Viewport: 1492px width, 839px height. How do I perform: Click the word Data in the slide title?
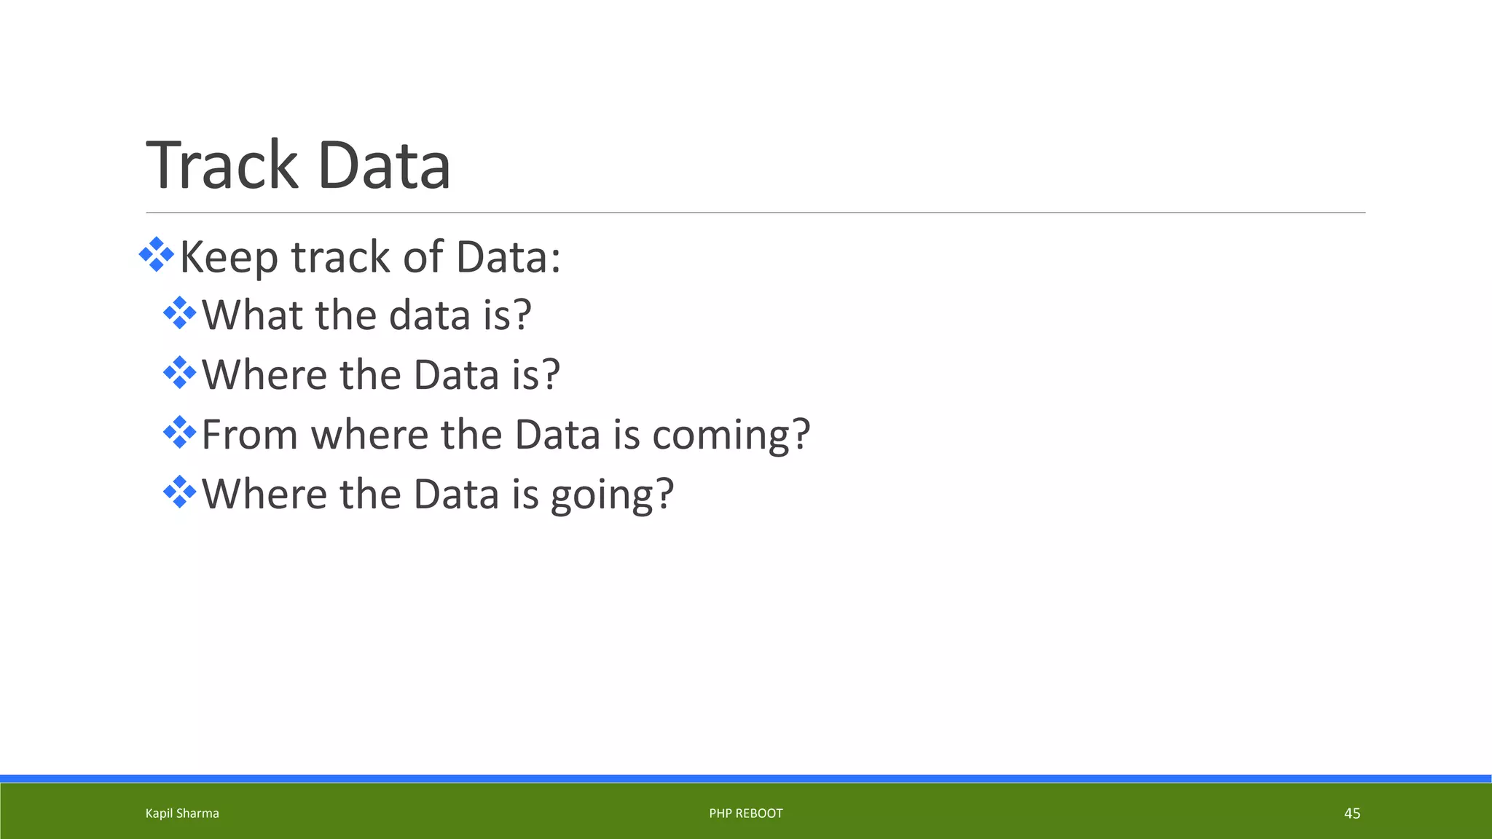tap(384, 166)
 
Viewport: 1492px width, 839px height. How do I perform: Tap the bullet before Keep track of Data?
tap(156, 255)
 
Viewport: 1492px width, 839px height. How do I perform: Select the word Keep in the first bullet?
tap(229, 258)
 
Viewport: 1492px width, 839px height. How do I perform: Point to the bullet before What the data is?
tap(179, 313)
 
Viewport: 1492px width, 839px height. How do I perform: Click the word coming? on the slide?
tap(731, 436)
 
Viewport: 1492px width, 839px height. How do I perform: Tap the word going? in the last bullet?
tap(612, 495)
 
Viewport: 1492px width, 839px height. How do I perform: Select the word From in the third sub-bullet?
tap(249, 435)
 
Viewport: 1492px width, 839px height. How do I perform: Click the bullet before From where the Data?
tap(179, 433)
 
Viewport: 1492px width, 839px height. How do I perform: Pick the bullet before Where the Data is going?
tap(179, 492)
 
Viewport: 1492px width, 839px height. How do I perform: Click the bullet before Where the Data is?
tap(179, 373)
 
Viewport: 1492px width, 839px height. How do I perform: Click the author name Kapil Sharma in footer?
tap(182, 814)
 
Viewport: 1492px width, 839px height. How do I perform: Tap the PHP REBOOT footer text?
tap(746, 814)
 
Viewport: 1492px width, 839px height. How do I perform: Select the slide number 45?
tap(1352, 814)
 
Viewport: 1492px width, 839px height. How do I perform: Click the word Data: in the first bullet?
tap(509, 258)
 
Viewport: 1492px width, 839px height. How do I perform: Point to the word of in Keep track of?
tap(423, 258)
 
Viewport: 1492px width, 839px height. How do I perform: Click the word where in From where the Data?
tap(369, 435)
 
